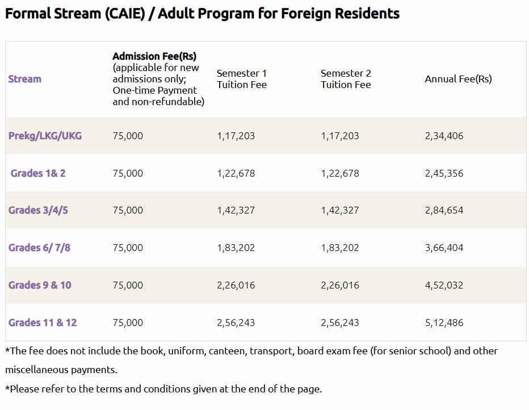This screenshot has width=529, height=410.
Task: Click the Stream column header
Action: coord(25,79)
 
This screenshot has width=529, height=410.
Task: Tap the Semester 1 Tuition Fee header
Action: coord(242,79)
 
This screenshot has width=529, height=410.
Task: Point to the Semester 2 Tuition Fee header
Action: coord(346,79)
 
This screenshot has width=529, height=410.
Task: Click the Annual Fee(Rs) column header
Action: coord(458,79)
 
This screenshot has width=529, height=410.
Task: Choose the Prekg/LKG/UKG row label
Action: coord(45,136)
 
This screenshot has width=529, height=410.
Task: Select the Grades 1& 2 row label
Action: coord(38,173)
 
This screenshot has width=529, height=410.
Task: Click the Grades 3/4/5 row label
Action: coord(38,210)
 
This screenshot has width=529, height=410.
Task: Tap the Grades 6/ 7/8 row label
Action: coord(39,248)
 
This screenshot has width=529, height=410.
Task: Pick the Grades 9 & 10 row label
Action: coord(40,285)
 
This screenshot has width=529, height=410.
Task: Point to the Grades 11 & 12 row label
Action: coord(43,323)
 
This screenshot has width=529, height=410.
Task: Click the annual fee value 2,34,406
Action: coord(444,136)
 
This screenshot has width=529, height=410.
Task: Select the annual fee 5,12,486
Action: coord(444,323)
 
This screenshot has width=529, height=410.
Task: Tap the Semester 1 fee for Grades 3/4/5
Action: coord(236,210)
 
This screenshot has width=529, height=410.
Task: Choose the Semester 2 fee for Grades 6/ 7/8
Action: coord(339,248)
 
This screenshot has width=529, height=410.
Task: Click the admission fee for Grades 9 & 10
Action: coord(128,285)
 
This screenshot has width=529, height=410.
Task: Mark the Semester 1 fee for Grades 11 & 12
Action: coord(236,323)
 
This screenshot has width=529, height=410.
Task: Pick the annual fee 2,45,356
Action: coord(444,173)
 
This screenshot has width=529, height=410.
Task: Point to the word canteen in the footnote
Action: coord(228,351)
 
